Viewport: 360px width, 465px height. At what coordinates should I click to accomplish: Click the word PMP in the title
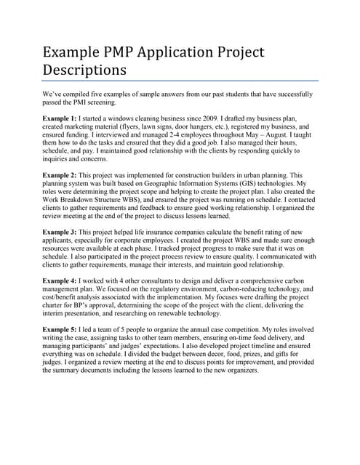[116, 53]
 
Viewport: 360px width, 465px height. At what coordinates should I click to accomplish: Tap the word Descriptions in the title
[84, 70]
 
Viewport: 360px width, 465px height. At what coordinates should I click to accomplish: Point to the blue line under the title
[180, 80]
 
